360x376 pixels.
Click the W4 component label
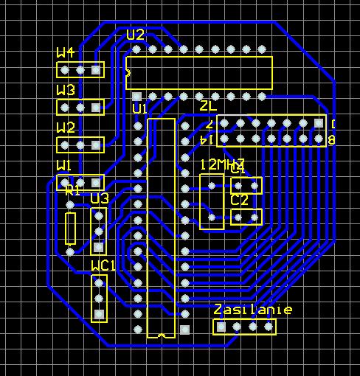66,52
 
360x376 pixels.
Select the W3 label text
66,90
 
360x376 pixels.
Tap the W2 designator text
66,128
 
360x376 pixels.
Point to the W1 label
65,164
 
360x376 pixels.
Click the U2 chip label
135,35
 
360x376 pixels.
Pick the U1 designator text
140,109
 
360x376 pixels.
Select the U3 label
100,198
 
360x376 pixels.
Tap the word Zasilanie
253,310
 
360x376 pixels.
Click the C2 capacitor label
240,200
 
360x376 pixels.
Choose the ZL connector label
209,105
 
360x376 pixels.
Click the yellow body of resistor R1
71,228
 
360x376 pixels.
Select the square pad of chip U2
136,97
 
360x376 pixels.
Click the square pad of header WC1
99,315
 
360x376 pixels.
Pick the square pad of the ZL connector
318,122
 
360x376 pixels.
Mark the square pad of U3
99,247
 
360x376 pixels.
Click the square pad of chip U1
184,328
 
